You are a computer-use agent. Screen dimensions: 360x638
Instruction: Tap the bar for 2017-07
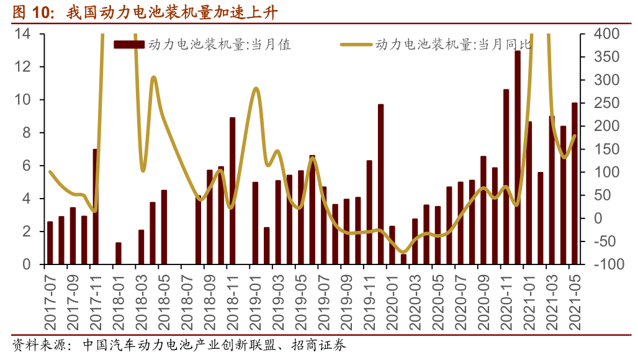tap(50, 243)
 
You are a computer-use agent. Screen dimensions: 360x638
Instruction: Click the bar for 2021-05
tap(575, 184)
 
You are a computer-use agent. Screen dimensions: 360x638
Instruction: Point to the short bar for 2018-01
tap(119, 253)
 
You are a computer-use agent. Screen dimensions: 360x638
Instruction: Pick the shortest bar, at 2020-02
tap(403, 259)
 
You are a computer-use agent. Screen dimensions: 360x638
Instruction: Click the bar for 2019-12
tap(380, 184)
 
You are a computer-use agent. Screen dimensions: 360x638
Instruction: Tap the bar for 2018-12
tap(232, 191)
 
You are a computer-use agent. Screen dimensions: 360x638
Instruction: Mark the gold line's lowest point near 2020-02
tap(403, 253)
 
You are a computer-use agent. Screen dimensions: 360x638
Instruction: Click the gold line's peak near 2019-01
tap(256, 88)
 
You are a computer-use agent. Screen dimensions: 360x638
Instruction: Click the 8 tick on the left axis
tap(25, 133)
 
